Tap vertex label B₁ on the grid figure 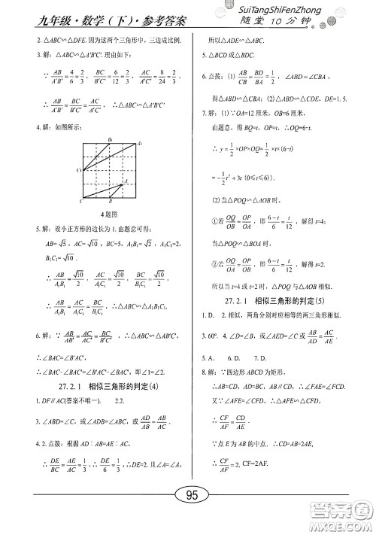pos(111,140)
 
